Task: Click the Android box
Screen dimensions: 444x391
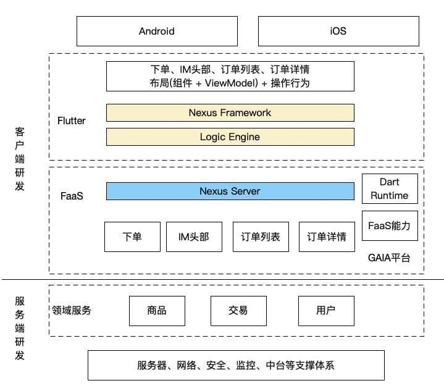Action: pos(157,31)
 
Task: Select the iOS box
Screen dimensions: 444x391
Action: pos(338,31)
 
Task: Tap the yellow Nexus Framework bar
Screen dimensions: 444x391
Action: pos(230,113)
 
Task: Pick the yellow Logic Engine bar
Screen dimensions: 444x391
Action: pos(230,137)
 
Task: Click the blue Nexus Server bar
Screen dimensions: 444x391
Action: pos(230,191)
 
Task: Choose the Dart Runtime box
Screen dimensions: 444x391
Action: pos(390,188)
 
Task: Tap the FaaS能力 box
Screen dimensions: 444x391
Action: pos(390,226)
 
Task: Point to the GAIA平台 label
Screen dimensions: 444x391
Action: pos(389,258)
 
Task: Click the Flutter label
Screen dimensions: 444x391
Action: pos(72,120)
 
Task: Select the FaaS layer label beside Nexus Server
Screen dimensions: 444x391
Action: pos(72,196)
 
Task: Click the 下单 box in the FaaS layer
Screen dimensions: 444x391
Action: pos(132,237)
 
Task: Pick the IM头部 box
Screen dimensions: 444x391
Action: pos(194,237)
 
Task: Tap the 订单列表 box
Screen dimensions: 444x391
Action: pos(261,237)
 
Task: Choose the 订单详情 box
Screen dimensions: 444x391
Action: pos(327,237)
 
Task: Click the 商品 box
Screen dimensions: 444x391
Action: pos(157,311)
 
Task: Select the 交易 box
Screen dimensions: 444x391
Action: pos(238,311)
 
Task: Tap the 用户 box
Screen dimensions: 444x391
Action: pos(326,311)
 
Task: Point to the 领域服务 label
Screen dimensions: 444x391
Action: pos(72,311)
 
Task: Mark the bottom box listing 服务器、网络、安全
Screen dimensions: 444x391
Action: pos(236,366)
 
